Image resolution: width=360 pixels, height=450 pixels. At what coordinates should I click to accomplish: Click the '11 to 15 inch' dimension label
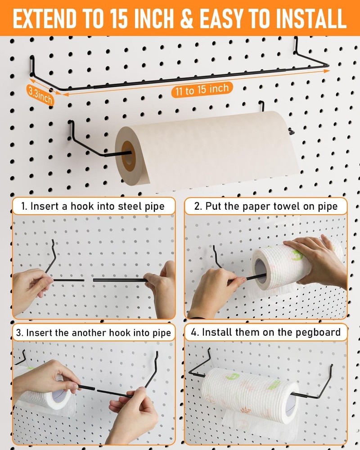(202, 90)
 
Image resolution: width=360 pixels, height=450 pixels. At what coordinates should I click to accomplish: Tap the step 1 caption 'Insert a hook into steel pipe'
(93, 207)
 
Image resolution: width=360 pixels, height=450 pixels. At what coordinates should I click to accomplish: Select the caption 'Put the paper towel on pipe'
(265, 207)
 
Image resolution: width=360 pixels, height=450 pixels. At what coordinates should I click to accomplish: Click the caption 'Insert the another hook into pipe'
(93, 333)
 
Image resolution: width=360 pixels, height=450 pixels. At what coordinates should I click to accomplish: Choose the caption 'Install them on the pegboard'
(265, 333)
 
